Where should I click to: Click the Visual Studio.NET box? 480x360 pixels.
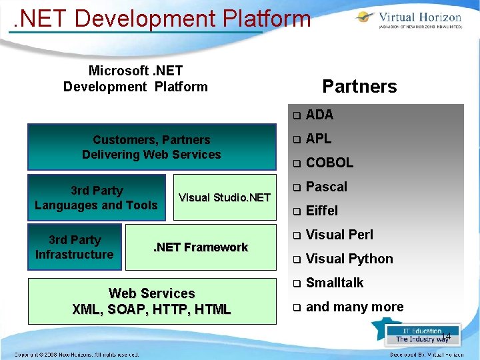click(x=225, y=197)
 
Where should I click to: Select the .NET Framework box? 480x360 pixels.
click(x=201, y=247)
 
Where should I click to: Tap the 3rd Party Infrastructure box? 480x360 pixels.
click(x=75, y=247)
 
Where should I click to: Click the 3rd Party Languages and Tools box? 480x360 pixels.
click(x=96, y=198)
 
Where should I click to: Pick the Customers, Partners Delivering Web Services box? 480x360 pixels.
click(x=151, y=147)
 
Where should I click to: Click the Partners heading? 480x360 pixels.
click(x=359, y=87)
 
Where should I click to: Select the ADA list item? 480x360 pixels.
click(x=319, y=115)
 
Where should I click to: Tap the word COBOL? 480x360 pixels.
click(x=329, y=163)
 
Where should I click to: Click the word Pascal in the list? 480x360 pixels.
click(x=327, y=187)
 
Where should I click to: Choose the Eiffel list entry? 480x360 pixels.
click(x=322, y=211)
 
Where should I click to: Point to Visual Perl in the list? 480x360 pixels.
click(x=339, y=235)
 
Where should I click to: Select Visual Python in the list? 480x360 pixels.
click(x=349, y=259)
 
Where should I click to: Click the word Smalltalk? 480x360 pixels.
click(x=335, y=283)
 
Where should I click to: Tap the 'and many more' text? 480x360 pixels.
click(x=355, y=307)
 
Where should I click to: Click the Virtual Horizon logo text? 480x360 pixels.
click(x=419, y=17)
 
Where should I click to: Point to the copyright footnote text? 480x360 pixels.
click(x=77, y=354)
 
